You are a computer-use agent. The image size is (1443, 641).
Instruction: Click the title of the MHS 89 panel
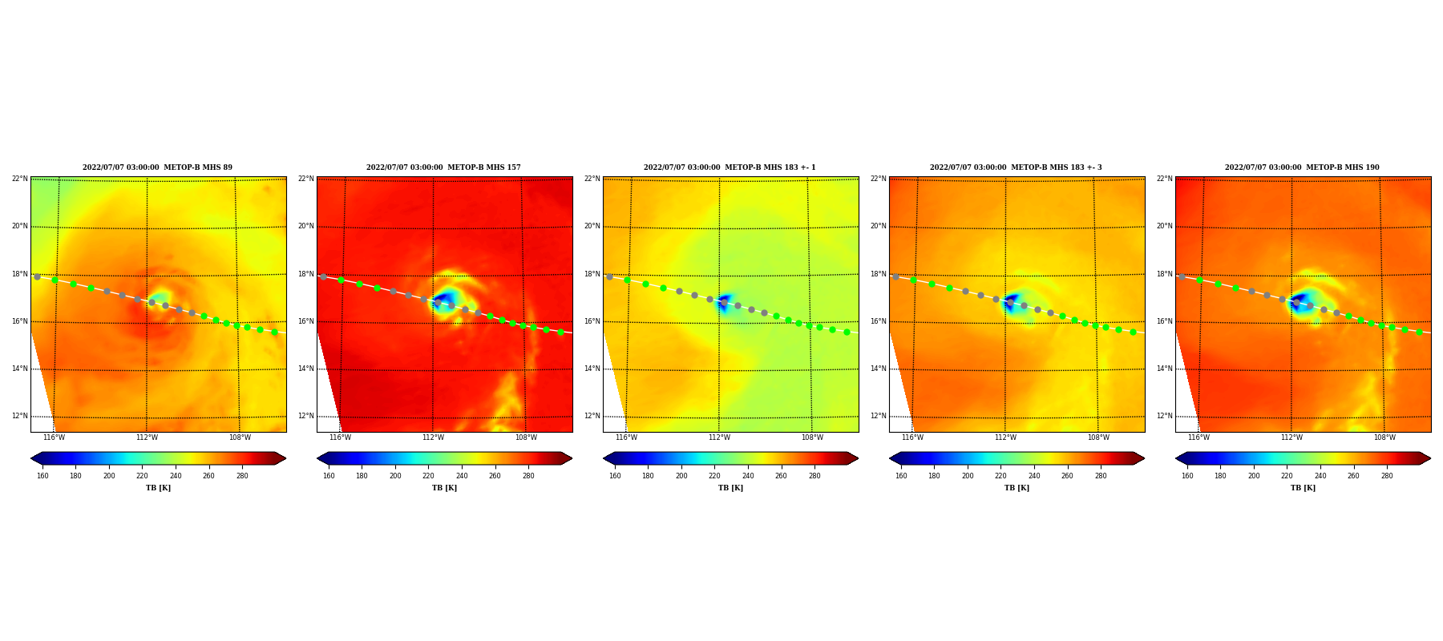[157, 167]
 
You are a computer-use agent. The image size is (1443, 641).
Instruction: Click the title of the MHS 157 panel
[443, 167]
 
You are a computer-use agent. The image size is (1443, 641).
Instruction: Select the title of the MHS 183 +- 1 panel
[730, 167]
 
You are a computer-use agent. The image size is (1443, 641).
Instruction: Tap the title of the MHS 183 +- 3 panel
[1016, 167]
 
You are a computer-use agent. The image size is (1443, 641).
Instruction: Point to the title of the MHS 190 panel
[1302, 167]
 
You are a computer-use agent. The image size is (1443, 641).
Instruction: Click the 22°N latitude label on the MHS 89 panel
[19, 179]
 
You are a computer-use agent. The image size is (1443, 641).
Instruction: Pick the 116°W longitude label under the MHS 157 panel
[340, 437]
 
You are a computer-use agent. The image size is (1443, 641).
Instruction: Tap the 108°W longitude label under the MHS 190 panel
[1384, 437]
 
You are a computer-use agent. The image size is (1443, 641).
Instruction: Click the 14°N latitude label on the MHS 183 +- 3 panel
[879, 369]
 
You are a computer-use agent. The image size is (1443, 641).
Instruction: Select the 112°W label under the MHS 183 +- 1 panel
[719, 437]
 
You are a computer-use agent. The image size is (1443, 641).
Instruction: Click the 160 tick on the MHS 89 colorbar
[42, 476]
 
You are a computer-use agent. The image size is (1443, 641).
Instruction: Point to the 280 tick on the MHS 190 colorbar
[1387, 476]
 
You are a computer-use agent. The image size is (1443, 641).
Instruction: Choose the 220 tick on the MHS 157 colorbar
[428, 476]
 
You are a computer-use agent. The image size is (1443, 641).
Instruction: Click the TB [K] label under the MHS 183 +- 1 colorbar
[730, 488]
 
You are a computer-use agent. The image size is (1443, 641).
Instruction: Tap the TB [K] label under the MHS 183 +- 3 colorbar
[1017, 488]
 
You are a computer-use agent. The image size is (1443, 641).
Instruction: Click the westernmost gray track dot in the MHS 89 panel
[37, 276]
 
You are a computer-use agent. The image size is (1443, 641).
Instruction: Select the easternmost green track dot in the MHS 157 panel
[560, 332]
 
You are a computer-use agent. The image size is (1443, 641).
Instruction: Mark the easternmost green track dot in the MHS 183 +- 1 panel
[847, 332]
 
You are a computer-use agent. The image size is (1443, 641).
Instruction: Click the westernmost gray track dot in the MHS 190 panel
[1182, 276]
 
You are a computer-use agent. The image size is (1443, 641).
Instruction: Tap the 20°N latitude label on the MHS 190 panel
[1164, 226]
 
